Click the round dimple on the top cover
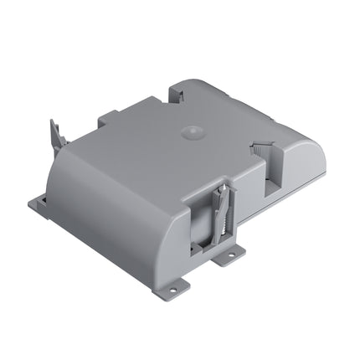(x=191, y=132)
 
